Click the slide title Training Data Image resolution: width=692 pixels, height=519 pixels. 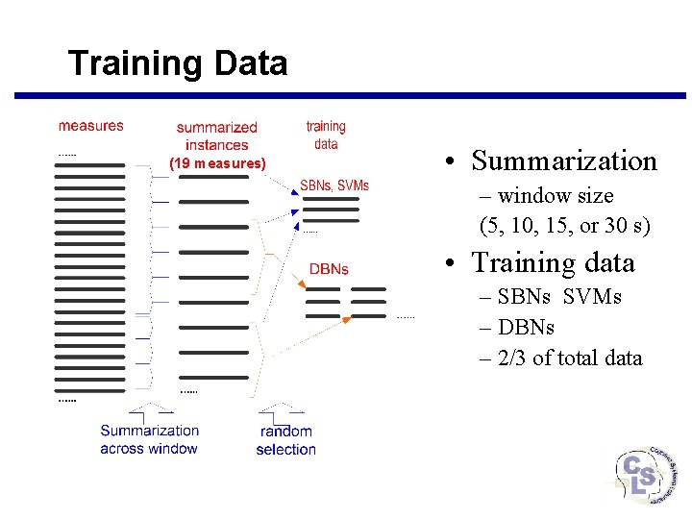click(x=178, y=64)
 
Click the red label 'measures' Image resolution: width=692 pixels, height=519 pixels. click(x=90, y=125)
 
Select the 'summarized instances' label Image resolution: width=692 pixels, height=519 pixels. click(x=216, y=136)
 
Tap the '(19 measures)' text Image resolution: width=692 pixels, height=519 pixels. click(x=217, y=163)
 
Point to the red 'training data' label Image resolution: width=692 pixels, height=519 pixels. click(x=326, y=135)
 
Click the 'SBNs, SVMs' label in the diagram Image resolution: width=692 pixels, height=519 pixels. click(x=334, y=185)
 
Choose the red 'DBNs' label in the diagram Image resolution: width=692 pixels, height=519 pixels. click(x=329, y=269)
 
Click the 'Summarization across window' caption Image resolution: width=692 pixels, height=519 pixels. click(x=149, y=439)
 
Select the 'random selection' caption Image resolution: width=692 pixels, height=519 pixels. click(x=285, y=440)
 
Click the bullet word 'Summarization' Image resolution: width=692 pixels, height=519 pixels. click(x=564, y=161)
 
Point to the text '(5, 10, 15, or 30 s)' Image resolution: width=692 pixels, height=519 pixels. click(x=564, y=227)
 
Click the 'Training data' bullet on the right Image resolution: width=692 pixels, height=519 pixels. click(x=553, y=262)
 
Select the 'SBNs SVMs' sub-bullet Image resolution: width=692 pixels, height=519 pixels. click(x=558, y=297)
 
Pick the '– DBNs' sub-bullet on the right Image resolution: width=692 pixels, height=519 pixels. click(x=525, y=327)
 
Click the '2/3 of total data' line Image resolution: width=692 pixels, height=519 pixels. click(x=568, y=358)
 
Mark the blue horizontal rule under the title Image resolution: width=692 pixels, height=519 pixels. click(x=350, y=95)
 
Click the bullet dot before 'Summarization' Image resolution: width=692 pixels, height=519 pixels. click(x=450, y=161)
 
